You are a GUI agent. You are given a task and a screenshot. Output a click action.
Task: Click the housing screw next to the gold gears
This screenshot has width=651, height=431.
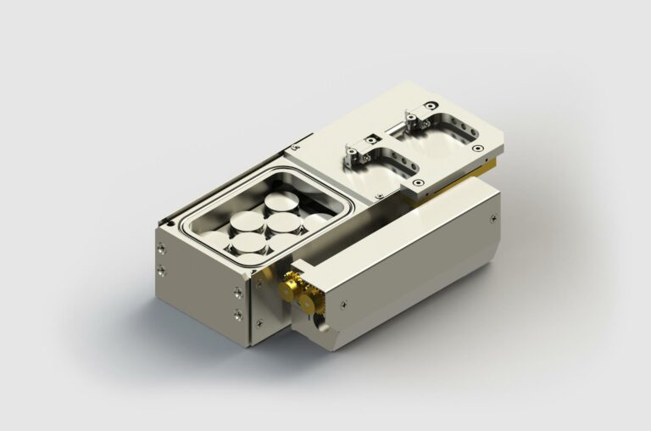click(343, 301)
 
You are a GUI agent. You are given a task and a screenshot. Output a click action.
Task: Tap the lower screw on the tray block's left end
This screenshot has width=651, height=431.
click(161, 269)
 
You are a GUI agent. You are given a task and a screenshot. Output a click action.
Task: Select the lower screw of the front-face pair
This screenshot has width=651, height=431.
click(237, 315)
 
